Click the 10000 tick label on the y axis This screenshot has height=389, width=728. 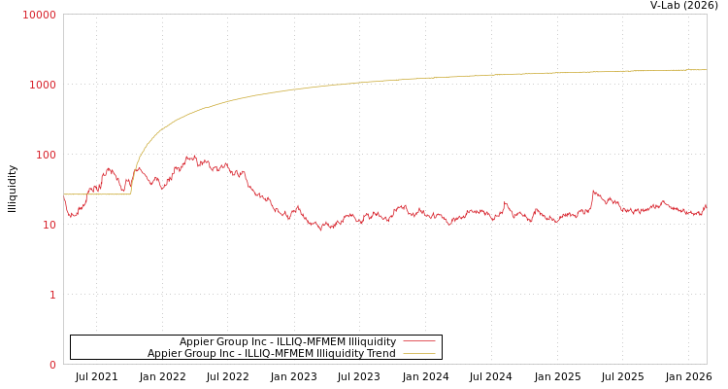coord(40,15)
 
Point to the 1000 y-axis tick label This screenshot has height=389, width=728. coord(43,85)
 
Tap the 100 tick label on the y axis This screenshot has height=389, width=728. coord(46,155)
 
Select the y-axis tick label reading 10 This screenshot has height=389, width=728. coord(49,225)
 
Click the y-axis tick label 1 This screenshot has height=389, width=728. coord(52,295)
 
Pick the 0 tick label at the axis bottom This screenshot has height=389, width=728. coord(52,365)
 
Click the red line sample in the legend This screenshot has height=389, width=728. coord(418,341)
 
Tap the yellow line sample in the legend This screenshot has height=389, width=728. coord(418,354)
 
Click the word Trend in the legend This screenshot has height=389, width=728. coord(381,354)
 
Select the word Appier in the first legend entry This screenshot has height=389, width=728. coord(196,341)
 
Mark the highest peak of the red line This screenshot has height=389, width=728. coord(191,156)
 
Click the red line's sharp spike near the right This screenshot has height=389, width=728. coord(593,191)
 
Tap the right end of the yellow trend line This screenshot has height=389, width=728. coord(706,70)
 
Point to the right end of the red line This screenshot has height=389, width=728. coord(706,205)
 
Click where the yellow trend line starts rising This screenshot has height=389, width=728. coord(131,193)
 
